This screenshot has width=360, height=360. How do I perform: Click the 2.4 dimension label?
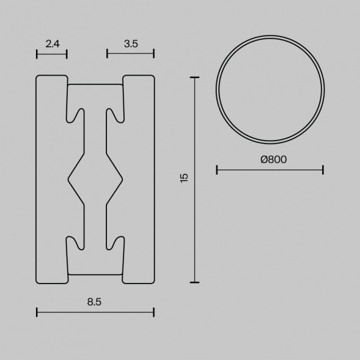[x=51, y=43]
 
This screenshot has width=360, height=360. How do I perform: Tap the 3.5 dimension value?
[x=131, y=43]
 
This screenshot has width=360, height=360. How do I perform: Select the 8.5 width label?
[x=94, y=301]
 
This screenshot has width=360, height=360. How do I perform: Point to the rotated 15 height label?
[x=185, y=178]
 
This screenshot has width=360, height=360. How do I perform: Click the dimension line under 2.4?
[x=51, y=54]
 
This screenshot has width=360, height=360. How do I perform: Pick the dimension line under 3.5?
[x=131, y=54]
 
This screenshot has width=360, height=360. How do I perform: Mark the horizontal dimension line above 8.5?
[x=95, y=312]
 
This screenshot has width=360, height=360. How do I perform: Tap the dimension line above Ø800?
[x=270, y=169]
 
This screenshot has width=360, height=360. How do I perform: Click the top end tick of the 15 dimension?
[x=195, y=78]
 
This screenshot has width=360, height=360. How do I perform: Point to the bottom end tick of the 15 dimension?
[x=195, y=282]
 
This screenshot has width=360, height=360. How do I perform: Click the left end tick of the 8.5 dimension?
[x=37, y=312]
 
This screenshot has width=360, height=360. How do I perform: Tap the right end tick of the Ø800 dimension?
[x=323, y=169]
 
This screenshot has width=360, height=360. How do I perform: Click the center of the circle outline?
[x=270, y=90]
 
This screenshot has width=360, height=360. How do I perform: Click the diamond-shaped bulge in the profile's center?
[x=95, y=178]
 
